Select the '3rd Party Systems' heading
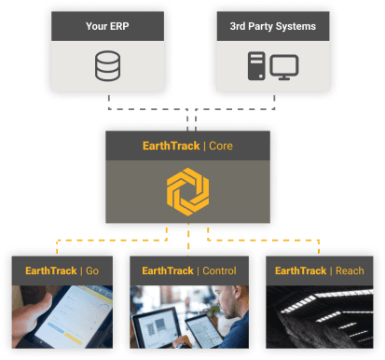[x=272, y=26]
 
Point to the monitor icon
[x=285, y=67]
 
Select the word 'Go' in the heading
[x=91, y=270]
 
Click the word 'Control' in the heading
[x=217, y=270]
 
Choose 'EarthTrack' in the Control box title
[x=167, y=270]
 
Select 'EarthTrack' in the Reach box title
[x=296, y=270]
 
